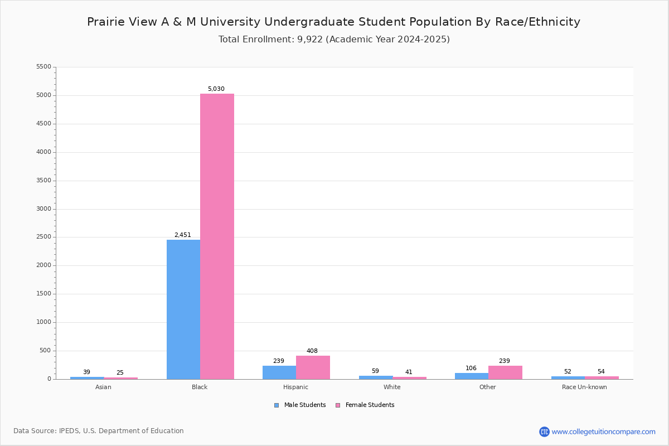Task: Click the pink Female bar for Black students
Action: pos(217,236)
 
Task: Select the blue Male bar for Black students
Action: pos(183,309)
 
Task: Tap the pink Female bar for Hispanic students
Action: pos(313,367)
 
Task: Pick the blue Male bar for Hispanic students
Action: pos(279,372)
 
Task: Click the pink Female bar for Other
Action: pos(505,372)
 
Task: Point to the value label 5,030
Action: pos(216,89)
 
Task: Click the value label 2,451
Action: pos(183,235)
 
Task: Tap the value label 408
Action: pos(312,351)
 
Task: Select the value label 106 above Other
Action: pos(471,369)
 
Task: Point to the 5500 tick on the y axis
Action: pos(43,67)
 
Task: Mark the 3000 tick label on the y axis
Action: pos(43,209)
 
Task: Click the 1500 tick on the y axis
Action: pos(43,294)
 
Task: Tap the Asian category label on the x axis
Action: pos(103,387)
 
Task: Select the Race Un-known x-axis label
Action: pos(584,387)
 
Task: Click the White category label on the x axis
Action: pos(392,387)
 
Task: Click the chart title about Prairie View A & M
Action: pos(333,22)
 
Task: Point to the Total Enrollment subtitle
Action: pos(334,40)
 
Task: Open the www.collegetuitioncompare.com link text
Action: pos(603,432)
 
